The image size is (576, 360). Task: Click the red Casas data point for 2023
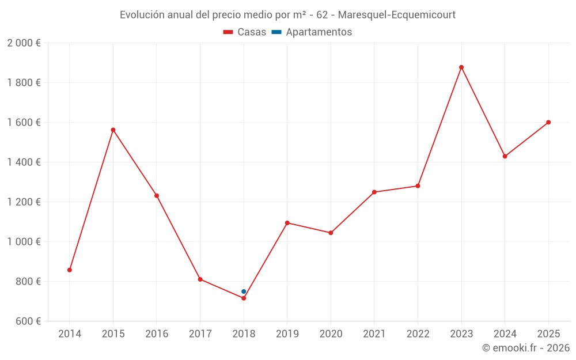461,67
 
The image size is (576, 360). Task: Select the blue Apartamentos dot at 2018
244,291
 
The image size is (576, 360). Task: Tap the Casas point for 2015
113,130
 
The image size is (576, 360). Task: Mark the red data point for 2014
70,270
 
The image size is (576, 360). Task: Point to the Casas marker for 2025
548,122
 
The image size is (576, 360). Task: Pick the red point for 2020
331,233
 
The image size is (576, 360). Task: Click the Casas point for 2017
200,279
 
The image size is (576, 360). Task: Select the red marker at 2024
505,156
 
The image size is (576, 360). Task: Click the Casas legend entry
245,32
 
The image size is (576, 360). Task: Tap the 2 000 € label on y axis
24,43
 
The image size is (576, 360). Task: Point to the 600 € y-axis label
28,321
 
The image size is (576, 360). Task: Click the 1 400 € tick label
24,162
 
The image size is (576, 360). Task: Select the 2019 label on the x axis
287,334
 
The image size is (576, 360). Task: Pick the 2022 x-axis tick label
418,334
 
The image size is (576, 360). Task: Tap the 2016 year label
156,334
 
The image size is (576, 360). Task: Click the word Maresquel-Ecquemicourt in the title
397,15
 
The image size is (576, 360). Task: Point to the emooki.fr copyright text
525,348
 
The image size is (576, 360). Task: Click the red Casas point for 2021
374,192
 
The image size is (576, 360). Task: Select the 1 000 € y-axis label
24,242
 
